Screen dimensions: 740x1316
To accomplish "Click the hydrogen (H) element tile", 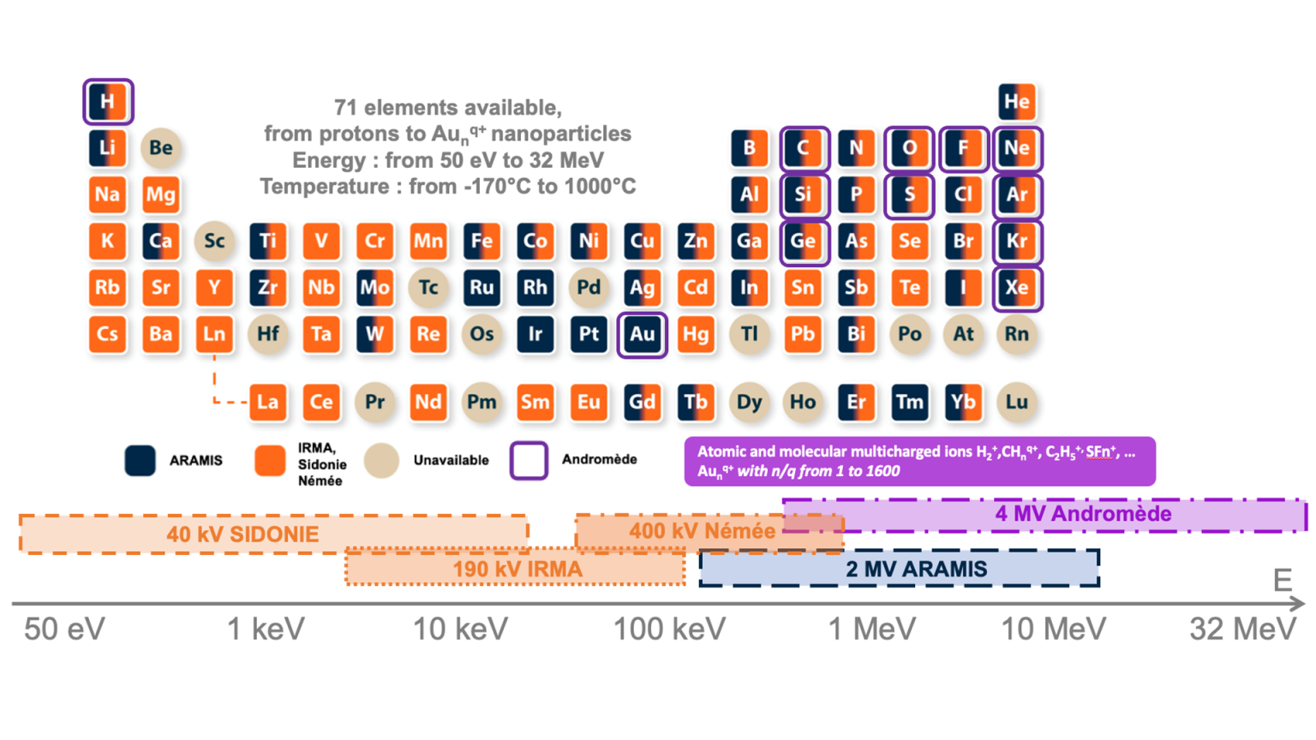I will (x=107, y=102).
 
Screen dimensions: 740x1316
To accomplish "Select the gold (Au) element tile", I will (x=642, y=334).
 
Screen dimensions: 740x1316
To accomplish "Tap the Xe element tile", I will (x=1016, y=287).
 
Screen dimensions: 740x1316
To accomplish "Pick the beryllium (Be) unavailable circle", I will (x=160, y=148).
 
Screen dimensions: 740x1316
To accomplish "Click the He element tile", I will (x=1016, y=102).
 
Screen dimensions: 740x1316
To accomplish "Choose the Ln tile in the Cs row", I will (x=214, y=334).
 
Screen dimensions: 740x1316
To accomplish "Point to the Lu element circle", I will (x=1016, y=402).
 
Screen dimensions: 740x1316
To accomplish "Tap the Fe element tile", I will (x=482, y=241).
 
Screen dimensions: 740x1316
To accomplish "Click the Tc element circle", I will (x=428, y=287).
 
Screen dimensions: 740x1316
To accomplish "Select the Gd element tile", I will (x=642, y=402).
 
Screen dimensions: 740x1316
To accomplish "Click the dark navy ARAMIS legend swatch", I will (x=140, y=461).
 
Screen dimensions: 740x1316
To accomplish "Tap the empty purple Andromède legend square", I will (x=529, y=460).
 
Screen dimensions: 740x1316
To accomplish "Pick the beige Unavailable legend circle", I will (x=381, y=461).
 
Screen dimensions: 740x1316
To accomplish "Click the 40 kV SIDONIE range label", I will (x=242, y=534).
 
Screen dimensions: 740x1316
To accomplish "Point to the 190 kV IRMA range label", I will (x=517, y=569).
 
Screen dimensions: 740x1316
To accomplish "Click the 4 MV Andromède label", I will (x=1083, y=514).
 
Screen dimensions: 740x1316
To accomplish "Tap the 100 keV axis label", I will (x=669, y=630).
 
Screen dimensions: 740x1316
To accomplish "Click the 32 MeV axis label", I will (x=1242, y=630).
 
